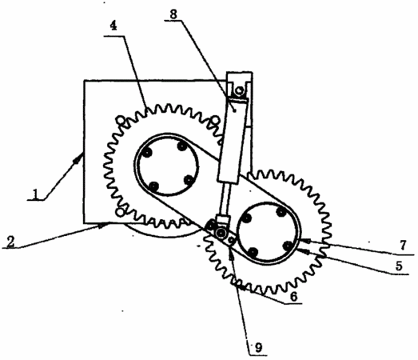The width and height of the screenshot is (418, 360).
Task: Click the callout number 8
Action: coord(173,14)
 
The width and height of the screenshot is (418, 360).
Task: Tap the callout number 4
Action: coord(113,26)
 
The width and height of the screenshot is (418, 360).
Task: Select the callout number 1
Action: coord(35,194)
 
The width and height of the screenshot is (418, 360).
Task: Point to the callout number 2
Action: coord(10,242)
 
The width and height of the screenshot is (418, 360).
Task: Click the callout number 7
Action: coord(403,245)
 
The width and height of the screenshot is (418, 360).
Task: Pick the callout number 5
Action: coord(399,266)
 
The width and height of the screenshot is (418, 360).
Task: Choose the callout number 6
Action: coord(293,296)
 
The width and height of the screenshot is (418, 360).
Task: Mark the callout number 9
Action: coord(258,347)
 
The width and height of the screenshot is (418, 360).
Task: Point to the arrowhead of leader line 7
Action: coord(305,241)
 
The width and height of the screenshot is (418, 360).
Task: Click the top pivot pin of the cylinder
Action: coord(240,91)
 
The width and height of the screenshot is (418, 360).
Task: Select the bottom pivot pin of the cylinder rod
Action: coord(221,234)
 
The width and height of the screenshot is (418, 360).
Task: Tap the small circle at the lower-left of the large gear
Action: coord(120,212)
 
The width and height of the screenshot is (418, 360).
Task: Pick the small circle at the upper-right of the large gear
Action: coord(215,120)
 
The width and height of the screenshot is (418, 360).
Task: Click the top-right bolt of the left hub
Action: coord(182,146)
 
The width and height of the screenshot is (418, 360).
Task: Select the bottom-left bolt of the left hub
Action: coord(153,186)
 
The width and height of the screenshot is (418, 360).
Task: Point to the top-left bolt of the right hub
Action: coord(247,219)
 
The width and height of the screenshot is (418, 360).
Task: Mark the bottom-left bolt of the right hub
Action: coord(253,252)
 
